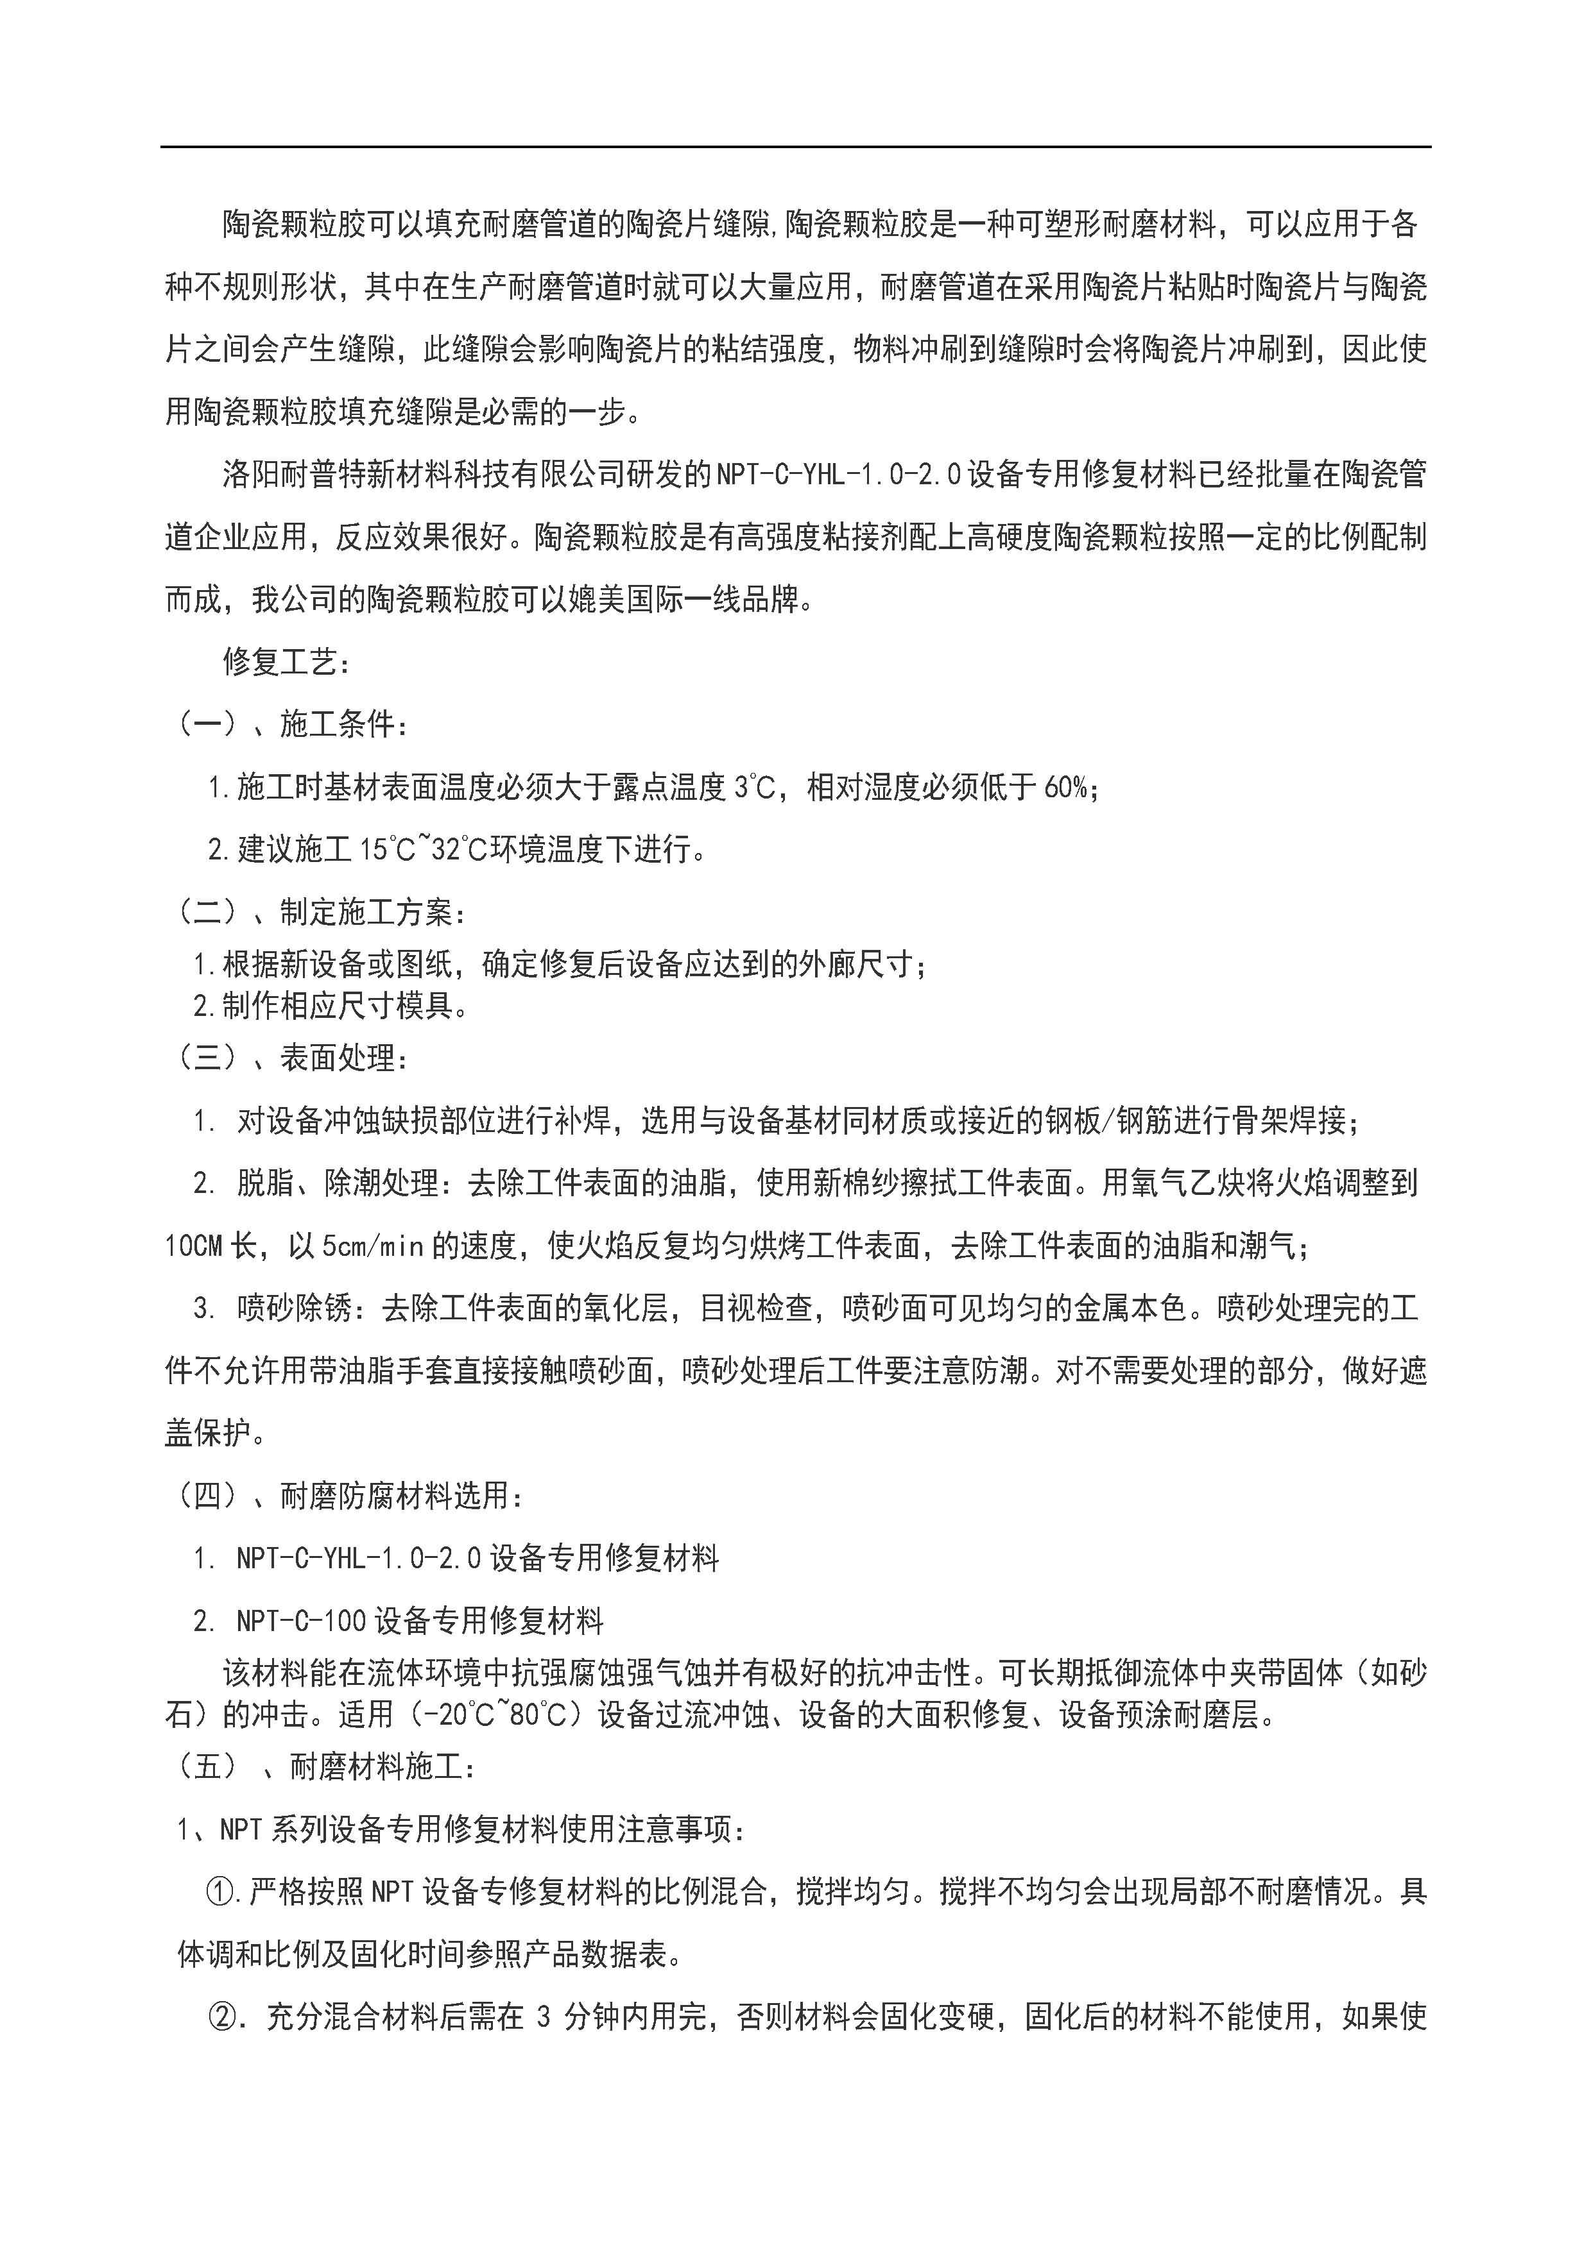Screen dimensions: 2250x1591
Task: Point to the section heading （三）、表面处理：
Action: click(291, 1058)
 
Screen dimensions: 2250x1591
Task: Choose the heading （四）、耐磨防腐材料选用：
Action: click(349, 1496)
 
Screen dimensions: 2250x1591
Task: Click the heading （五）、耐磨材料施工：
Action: click(325, 1767)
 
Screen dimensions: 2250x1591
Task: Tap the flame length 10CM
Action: click(194, 1246)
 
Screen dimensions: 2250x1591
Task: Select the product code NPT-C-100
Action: click(301, 1622)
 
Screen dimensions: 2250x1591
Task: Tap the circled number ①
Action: click(219, 1891)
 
